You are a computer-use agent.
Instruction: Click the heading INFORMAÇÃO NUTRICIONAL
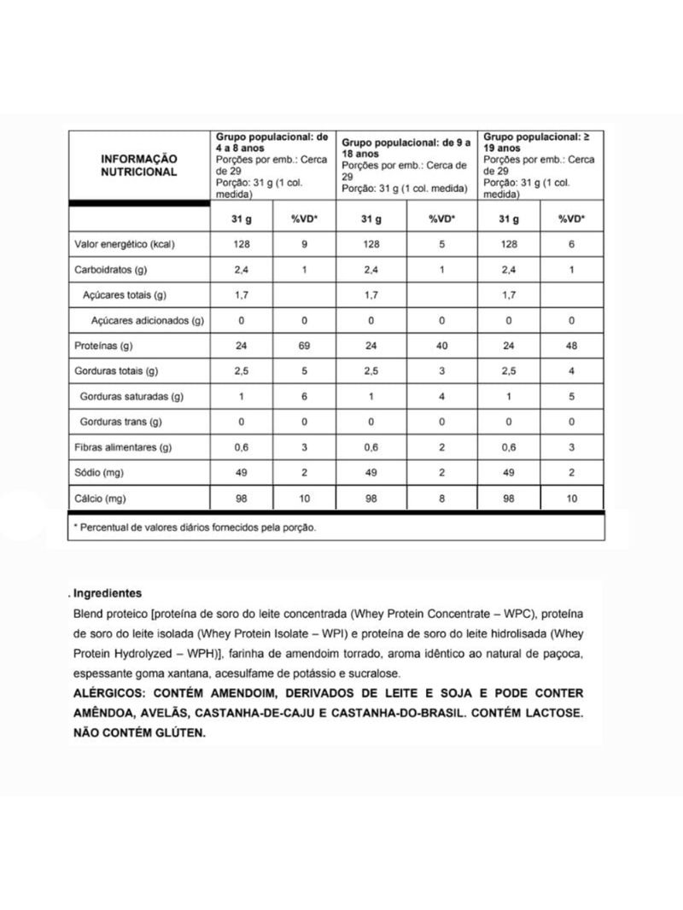point(139,165)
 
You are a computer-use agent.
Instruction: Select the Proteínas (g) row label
point(102,347)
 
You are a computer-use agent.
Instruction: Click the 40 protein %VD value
point(441,347)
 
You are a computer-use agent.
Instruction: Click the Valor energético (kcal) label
point(125,245)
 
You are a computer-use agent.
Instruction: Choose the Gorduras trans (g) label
point(120,422)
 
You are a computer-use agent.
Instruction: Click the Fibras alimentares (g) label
point(123,447)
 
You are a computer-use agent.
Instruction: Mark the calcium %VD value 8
point(441,498)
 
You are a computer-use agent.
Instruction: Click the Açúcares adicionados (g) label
point(146,321)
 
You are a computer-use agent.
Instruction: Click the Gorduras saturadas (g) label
point(131,397)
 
